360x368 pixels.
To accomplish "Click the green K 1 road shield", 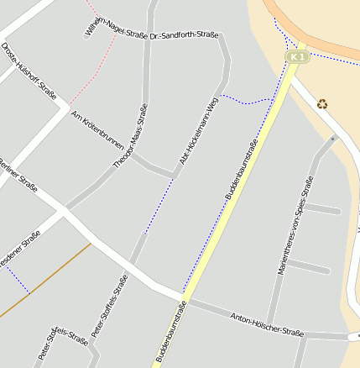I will tap(297, 56).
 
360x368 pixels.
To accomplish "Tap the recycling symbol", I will tap(323, 104).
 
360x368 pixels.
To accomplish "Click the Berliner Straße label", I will tap(18, 174).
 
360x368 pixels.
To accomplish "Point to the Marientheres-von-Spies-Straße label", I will tap(295, 225).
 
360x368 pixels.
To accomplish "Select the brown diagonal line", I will tap(46, 281).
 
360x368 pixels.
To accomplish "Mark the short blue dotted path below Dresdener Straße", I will tap(17, 281).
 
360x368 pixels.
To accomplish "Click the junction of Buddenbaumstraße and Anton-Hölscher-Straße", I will tap(183, 298).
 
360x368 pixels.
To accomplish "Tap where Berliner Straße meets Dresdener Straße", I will tap(65, 208).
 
